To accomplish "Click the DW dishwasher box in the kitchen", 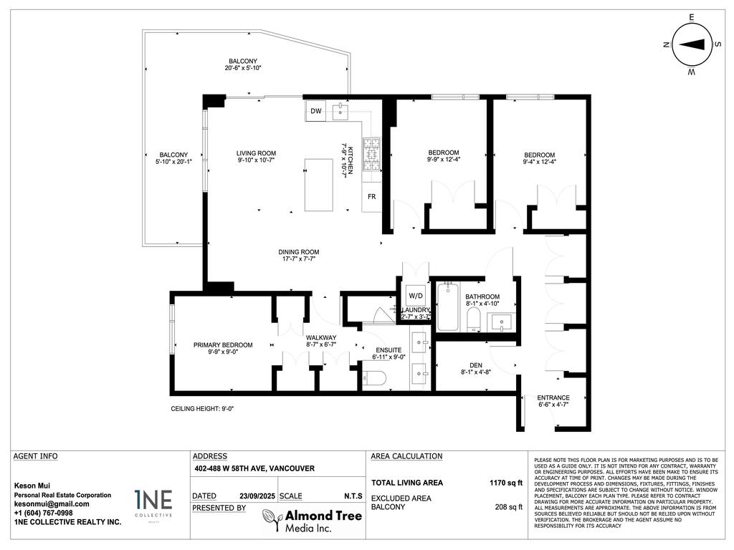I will [x=315, y=110].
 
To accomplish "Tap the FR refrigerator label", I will [x=371, y=196].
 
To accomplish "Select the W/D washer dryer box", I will [x=415, y=296].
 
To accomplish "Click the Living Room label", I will [x=257, y=153].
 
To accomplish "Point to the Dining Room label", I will [x=299, y=252].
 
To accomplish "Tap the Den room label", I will [x=471, y=364].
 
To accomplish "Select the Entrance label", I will [x=553, y=398].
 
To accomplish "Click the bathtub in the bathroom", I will [x=448, y=307].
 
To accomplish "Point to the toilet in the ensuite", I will [x=375, y=377].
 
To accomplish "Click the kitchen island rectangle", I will [x=319, y=185].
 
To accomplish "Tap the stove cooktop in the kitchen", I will [x=372, y=154].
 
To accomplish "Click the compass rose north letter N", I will [x=666, y=44].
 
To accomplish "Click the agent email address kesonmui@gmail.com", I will [x=52, y=503].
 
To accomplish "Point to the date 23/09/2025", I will [x=257, y=496].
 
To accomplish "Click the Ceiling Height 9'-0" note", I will [x=202, y=408].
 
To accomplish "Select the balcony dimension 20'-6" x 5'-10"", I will [x=243, y=69].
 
